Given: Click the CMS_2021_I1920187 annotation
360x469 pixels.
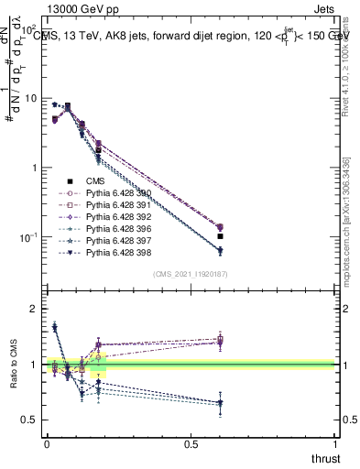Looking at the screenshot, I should click(x=191, y=274).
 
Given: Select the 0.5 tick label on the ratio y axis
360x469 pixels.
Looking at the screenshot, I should click(x=27, y=420).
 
